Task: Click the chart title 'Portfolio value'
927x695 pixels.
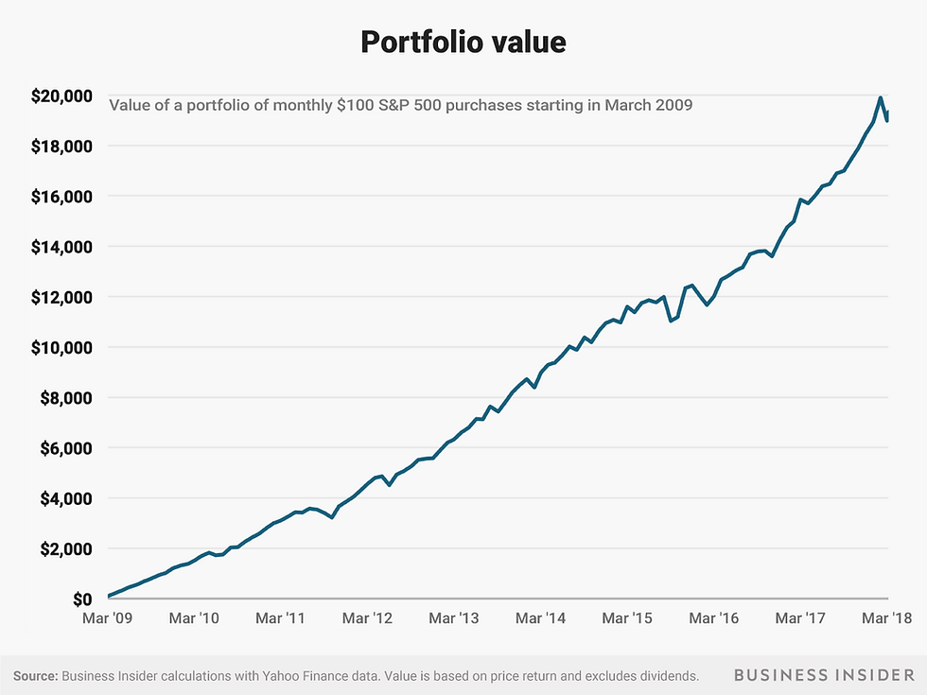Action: tap(463, 43)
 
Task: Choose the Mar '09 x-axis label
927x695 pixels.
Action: tap(108, 618)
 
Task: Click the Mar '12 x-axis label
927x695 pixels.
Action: tap(368, 618)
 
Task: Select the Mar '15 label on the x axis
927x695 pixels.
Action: tap(628, 618)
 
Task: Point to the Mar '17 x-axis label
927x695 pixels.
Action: tap(801, 618)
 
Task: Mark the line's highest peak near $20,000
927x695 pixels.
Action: tap(881, 97)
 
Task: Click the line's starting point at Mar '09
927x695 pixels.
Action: tap(109, 596)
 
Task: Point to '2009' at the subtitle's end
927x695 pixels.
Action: tap(673, 105)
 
